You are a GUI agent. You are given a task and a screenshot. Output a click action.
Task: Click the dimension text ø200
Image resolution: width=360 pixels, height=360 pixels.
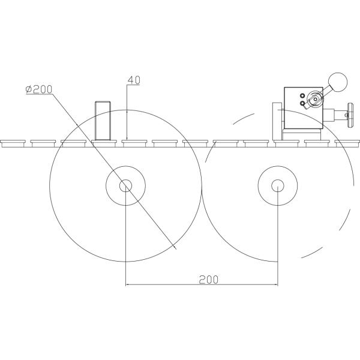coord(39,89)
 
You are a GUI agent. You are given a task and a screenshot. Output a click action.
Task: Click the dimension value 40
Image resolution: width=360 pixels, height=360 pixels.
coord(134,80)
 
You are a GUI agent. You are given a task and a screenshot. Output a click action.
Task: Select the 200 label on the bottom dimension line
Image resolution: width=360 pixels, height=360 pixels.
coord(208,280)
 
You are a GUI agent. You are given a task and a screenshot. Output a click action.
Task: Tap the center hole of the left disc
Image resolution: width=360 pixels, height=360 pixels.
coord(125,186)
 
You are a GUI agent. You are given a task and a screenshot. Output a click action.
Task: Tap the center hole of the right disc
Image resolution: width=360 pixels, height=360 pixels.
coord(278,186)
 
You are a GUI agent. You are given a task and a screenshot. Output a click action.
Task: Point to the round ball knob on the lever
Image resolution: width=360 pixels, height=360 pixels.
coord(338,82)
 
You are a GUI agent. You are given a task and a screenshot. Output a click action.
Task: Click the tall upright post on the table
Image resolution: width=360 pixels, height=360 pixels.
coord(103,121)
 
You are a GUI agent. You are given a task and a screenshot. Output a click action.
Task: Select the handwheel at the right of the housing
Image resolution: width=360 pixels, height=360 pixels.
coord(350,115)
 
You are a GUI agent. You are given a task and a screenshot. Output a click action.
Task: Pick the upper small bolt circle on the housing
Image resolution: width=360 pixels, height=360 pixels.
coord(302,95)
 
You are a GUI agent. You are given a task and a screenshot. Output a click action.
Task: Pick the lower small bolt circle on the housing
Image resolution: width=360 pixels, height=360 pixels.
coord(302,103)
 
